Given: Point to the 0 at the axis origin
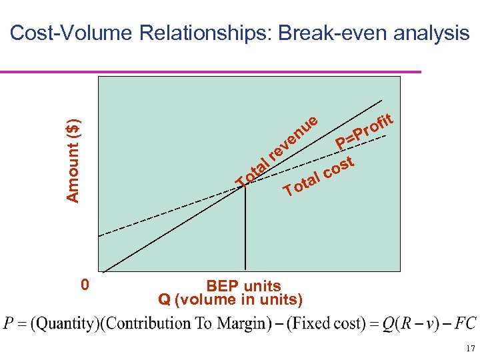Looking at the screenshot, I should pos(84,285).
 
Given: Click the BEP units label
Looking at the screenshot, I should pos(243,287).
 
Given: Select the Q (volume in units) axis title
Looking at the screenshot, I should pos(230,299).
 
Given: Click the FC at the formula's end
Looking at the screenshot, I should pos(465,324).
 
